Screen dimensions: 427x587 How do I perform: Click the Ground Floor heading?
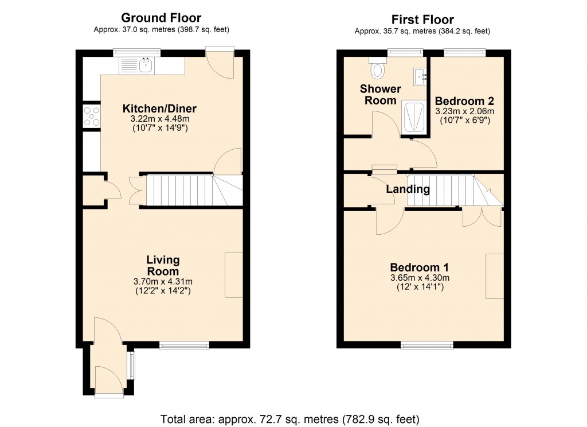point(161,18)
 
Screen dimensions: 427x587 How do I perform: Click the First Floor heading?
point(422,20)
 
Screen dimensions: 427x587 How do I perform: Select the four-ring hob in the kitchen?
point(91,117)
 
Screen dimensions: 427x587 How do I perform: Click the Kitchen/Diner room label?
point(159,108)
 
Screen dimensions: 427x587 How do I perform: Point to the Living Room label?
point(163,266)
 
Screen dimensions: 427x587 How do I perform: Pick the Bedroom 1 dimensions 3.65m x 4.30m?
point(419,278)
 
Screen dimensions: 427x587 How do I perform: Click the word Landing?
point(408,189)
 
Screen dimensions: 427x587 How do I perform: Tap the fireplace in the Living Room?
point(234,274)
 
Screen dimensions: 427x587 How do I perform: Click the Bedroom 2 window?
point(464,53)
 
